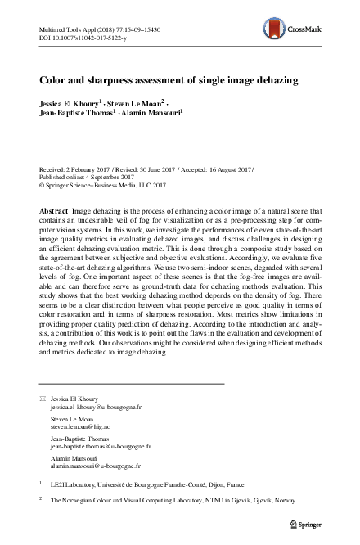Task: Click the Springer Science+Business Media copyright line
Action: pos(108,186)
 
